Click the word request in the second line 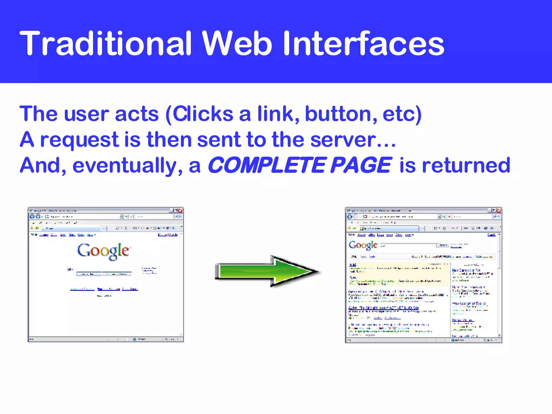pyautogui.click(x=80, y=140)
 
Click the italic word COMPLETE pyautogui.click(x=267, y=165)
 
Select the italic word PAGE pyautogui.click(x=361, y=165)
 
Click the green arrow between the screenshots pyautogui.click(x=267, y=271)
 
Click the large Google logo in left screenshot pyautogui.click(x=103, y=251)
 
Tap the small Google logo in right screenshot pyautogui.click(x=363, y=245)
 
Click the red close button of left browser pyautogui.click(x=181, y=211)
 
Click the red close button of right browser pyautogui.click(x=499, y=211)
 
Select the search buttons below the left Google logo pyautogui.click(x=104, y=274)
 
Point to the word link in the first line pyautogui.click(x=275, y=114)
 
